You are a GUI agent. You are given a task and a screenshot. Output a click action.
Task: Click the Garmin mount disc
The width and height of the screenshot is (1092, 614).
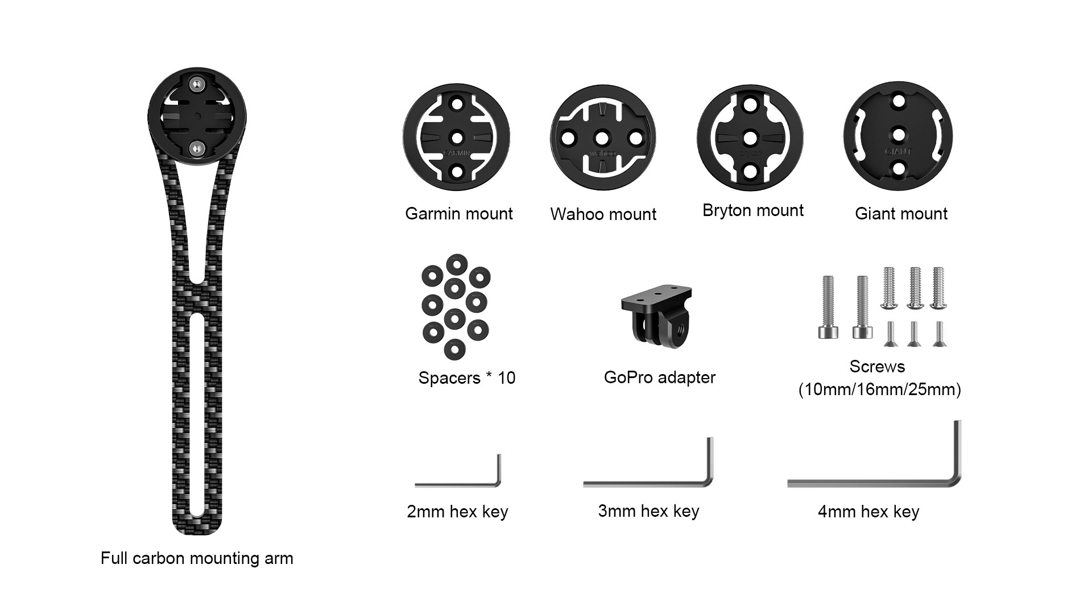457,137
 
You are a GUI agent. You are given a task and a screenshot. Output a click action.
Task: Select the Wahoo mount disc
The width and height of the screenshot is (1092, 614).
603,137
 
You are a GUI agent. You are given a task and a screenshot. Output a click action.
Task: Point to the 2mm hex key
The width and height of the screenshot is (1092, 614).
458,484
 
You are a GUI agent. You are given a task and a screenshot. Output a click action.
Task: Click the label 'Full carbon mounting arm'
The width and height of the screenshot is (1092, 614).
197,558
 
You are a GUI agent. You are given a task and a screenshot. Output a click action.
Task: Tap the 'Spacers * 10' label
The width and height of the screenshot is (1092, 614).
467,378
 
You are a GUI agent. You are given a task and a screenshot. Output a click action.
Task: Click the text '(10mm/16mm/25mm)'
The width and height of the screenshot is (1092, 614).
879,390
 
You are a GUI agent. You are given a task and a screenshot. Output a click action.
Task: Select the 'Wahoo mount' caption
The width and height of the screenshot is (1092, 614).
603,214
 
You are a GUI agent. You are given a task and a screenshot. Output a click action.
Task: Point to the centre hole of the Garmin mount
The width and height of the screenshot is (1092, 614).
457,137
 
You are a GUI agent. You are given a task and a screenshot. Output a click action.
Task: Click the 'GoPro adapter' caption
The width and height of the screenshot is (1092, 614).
660,377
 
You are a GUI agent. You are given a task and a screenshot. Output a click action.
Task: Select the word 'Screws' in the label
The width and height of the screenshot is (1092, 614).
877,367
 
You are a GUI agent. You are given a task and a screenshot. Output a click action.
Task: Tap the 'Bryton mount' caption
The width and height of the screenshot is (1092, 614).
753,210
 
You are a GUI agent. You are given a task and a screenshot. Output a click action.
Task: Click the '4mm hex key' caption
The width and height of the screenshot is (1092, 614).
868,512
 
